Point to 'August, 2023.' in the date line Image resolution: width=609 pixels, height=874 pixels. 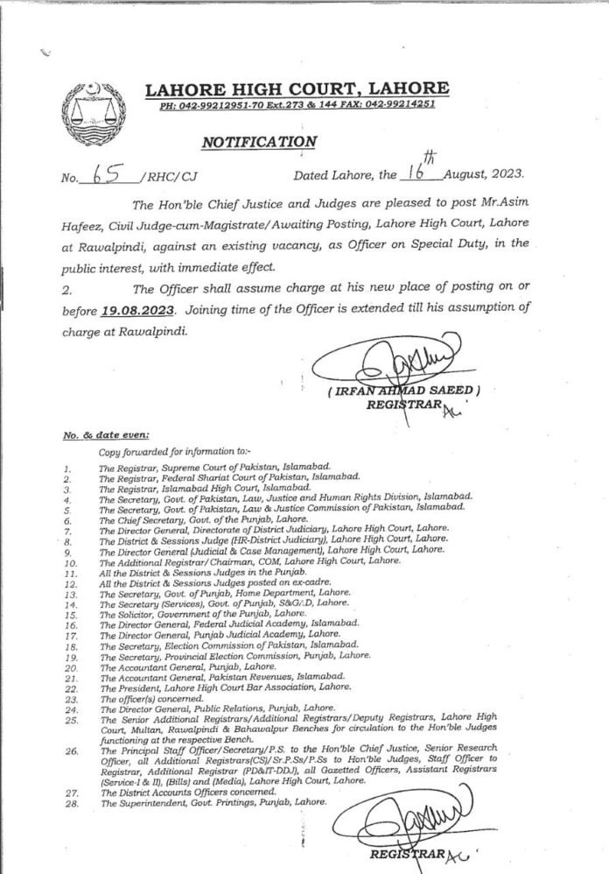point(477,177)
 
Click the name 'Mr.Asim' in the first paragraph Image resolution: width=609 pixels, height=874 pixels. point(508,203)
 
